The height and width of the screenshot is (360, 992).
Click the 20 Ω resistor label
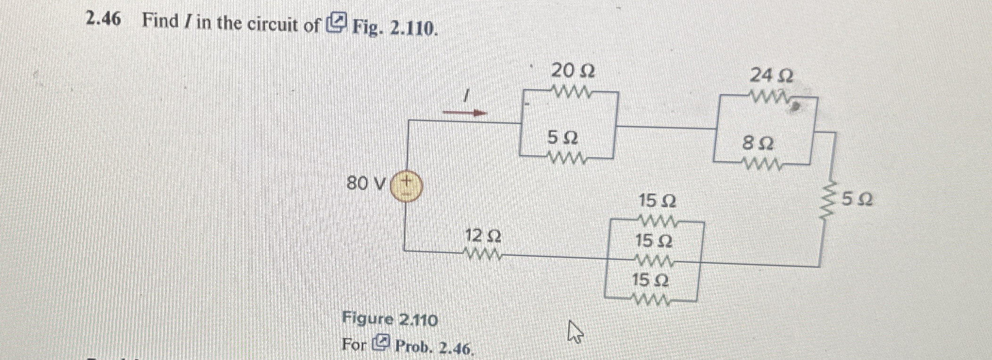tap(573, 71)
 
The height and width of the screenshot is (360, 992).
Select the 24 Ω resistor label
tap(771, 75)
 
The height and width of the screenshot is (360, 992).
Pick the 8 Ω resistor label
tap(758, 143)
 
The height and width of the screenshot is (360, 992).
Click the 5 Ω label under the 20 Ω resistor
tap(562, 138)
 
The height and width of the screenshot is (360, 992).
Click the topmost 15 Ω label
tap(657, 201)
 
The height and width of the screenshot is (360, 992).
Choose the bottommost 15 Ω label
tap(650, 281)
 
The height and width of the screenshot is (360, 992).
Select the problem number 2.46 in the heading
tap(103, 19)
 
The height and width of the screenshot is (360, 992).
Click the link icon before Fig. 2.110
tap(337, 24)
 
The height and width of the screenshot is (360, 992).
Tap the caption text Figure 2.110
tap(390, 320)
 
